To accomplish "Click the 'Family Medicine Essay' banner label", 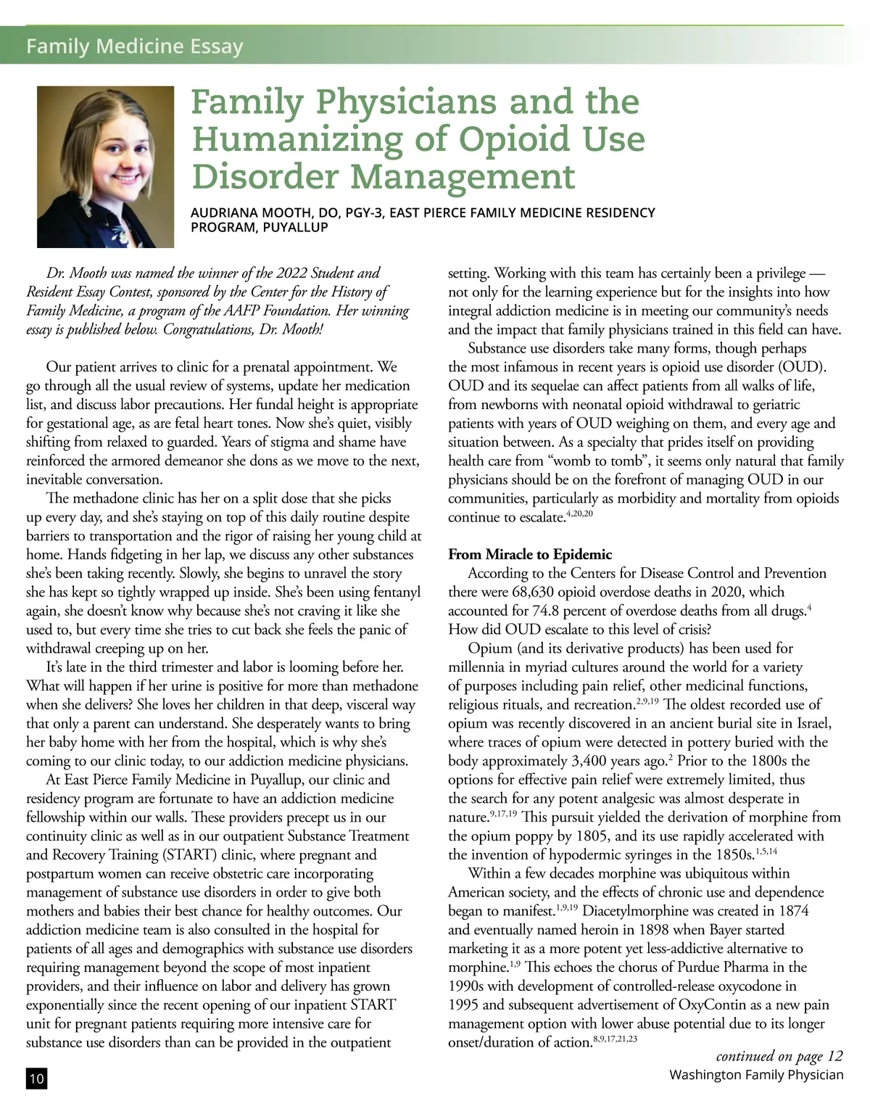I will click(134, 47).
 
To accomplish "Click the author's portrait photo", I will click(106, 167).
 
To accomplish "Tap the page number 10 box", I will click(36, 1079).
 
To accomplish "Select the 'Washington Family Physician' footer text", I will click(756, 1074).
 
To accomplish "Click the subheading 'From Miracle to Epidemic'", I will click(530, 555).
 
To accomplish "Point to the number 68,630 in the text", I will click(535, 592).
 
